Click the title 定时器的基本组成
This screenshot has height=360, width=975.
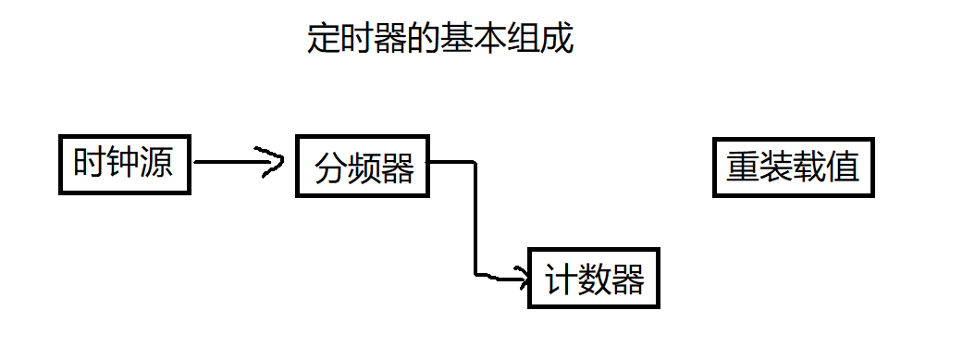coord(440,40)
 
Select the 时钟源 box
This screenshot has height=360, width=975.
coord(124,167)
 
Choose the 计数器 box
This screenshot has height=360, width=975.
coord(594,278)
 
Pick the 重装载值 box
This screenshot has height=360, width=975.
coord(793,168)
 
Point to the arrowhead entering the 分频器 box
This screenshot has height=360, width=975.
coord(275,162)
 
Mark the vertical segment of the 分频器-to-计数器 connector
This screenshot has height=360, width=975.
coord(475,217)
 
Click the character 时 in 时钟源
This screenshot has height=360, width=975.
coord(90,166)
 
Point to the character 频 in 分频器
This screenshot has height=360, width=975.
coord(364,170)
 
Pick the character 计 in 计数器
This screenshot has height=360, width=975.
coord(561,279)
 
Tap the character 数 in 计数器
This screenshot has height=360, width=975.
coord(594,279)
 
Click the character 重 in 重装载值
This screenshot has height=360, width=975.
coord(743,168)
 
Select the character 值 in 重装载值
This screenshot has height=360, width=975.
coord(843,168)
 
